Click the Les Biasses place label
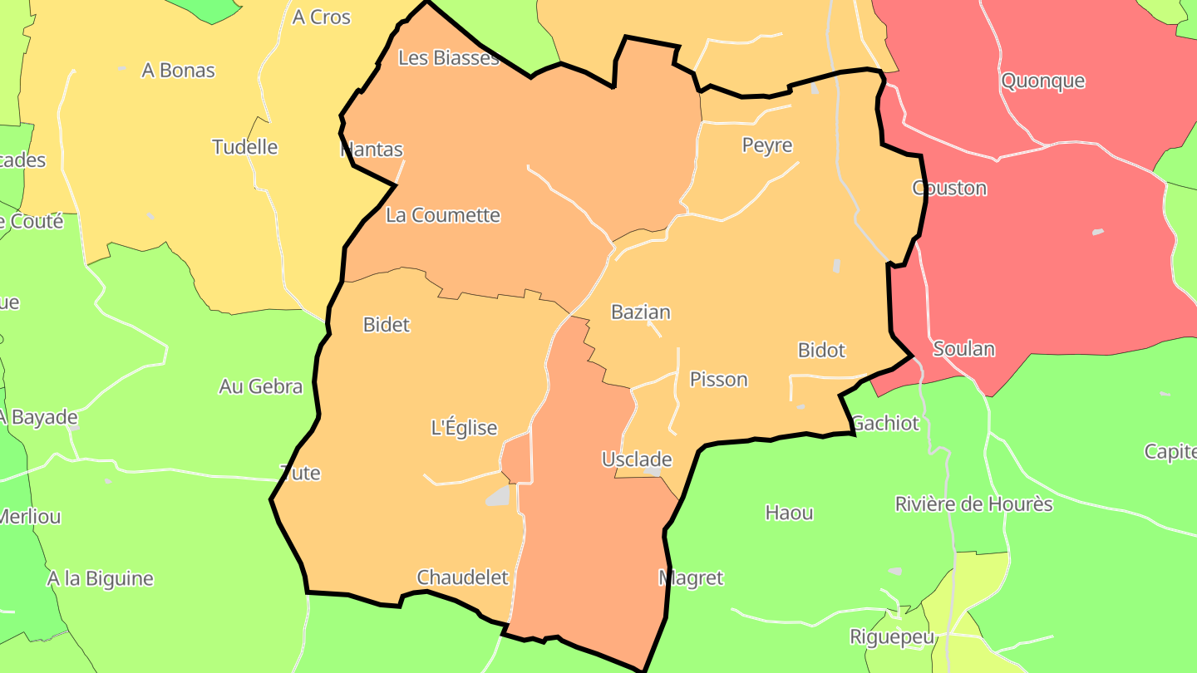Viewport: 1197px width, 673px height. (449, 58)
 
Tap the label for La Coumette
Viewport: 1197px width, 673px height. (443, 215)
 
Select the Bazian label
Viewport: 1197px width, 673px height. (640, 312)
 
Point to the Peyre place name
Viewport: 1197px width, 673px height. (766, 145)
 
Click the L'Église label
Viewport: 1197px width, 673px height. (464, 428)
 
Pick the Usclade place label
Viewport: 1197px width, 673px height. (636, 459)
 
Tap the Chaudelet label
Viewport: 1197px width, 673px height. (462, 577)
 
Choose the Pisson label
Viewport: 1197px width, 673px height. (718, 380)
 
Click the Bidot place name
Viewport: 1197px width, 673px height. (821, 350)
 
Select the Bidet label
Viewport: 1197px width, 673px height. (387, 325)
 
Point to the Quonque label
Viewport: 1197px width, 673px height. (1042, 81)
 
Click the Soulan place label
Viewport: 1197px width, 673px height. (963, 349)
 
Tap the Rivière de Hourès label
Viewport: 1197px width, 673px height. (973, 504)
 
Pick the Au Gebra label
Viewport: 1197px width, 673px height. (260, 386)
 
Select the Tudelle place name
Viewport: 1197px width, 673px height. (244, 147)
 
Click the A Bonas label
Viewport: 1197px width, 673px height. (178, 71)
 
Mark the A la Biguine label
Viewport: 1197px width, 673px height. (100, 578)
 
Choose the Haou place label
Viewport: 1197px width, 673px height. (789, 513)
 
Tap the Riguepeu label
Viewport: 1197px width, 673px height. (892, 637)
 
